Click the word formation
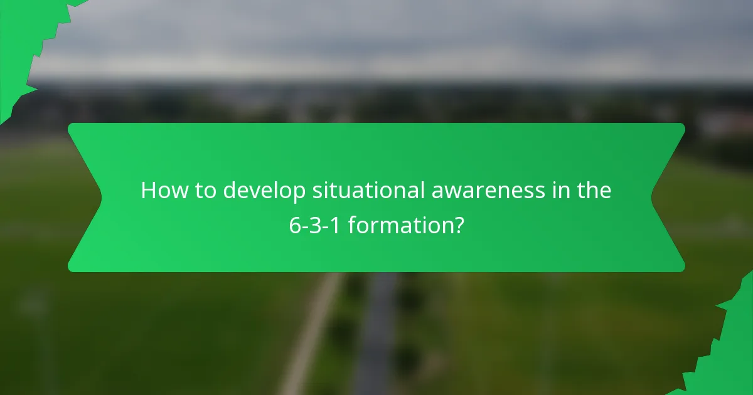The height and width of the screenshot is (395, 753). click(x=400, y=225)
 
